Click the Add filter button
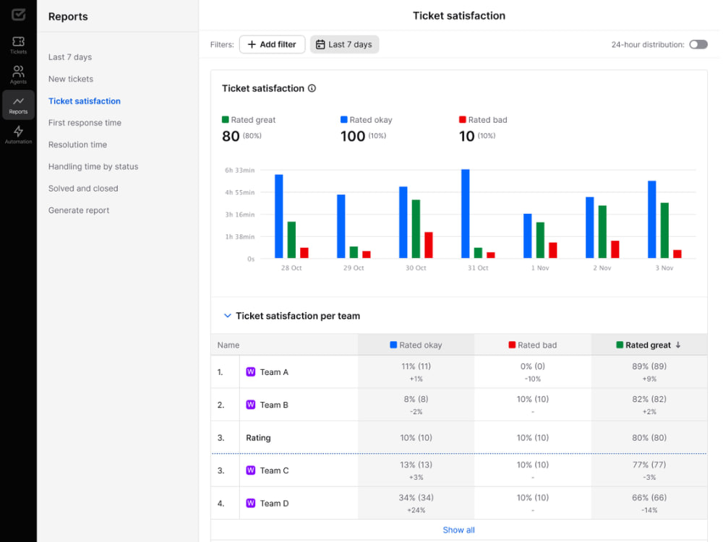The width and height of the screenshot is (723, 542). [x=272, y=45]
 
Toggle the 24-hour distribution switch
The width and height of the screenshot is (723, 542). [x=698, y=45]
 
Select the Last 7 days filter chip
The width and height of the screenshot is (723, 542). [x=344, y=45]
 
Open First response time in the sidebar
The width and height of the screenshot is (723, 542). [x=85, y=123]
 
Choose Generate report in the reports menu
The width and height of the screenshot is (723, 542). [x=79, y=210]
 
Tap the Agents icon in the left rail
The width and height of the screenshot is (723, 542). [x=19, y=74]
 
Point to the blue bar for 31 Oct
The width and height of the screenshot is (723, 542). [x=465, y=214]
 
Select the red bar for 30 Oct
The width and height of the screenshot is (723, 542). [x=428, y=245]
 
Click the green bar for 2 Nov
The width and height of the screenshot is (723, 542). [x=602, y=232]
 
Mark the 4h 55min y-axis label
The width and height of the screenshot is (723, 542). [x=240, y=192]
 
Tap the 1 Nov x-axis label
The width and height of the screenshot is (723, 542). [x=540, y=268]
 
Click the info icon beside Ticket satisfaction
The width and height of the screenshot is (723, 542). [x=312, y=88]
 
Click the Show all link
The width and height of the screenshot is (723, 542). [x=459, y=530]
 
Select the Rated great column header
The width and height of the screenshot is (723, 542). [x=649, y=345]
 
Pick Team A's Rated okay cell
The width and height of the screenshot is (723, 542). [x=416, y=372]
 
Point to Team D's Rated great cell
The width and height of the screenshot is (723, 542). [x=649, y=503]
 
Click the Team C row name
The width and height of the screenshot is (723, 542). [x=274, y=470]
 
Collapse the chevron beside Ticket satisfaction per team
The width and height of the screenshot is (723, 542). [x=227, y=316]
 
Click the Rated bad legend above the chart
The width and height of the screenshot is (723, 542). [x=483, y=120]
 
